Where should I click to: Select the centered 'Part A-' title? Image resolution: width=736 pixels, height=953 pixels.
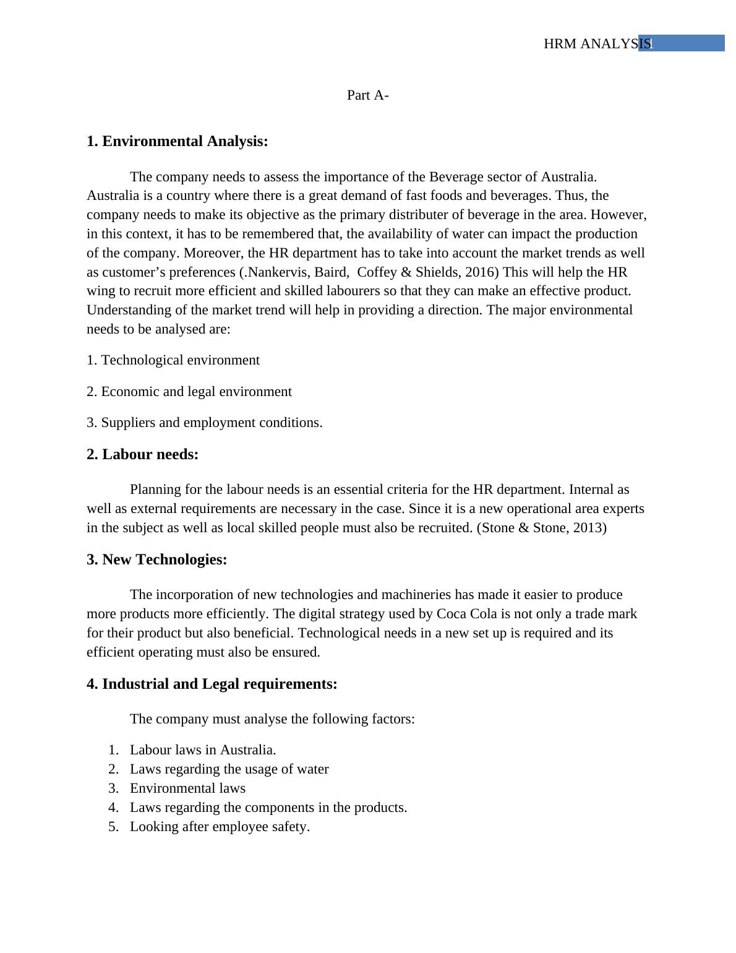point(367,95)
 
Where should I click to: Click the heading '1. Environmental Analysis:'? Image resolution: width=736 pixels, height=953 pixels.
point(177,141)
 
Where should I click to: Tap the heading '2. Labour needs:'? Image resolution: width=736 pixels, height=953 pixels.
point(142,454)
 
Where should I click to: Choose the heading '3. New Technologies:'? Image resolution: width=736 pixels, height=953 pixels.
point(156,559)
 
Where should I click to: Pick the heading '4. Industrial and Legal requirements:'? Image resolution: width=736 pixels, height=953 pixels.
point(212,684)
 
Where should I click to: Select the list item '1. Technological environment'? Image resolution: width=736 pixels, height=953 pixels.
point(173,360)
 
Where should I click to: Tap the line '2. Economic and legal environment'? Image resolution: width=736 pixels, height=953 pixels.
point(189,392)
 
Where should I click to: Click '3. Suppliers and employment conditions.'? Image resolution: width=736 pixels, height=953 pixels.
point(204,423)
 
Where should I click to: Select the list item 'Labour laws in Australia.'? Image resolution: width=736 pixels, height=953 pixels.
point(203,750)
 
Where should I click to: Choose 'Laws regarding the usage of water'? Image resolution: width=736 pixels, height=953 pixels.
point(229,769)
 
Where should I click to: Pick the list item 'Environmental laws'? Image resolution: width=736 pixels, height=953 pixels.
point(187,788)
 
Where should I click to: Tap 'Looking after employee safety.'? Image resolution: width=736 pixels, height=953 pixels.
point(220,827)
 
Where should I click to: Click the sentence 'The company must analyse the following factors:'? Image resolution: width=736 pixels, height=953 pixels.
point(272,719)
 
